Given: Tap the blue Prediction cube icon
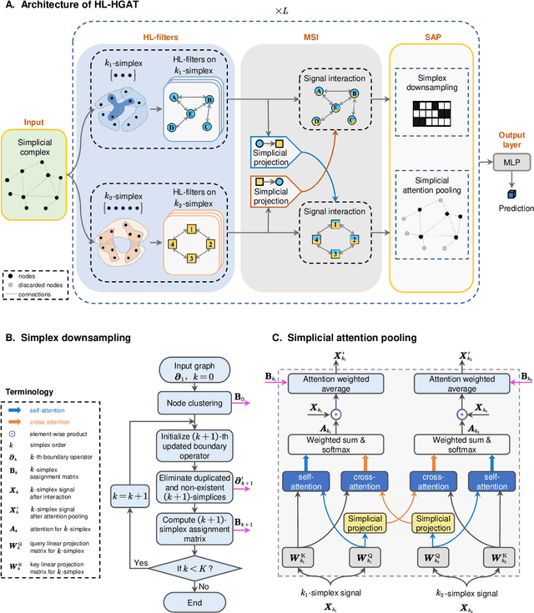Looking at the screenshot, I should (x=506, y=194).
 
